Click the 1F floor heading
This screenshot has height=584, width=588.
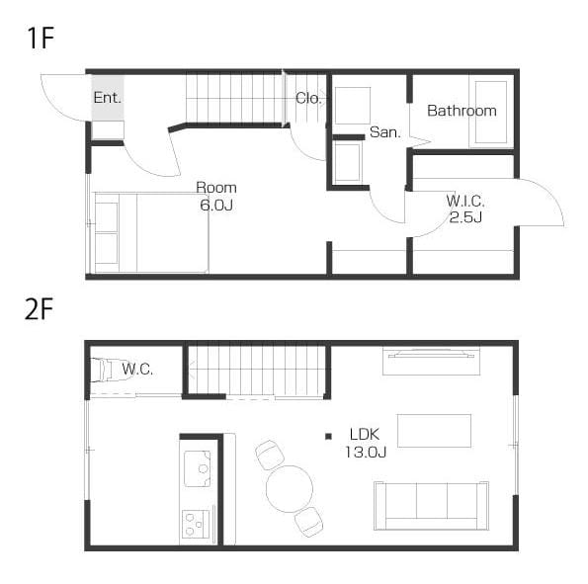[x=41, y=38]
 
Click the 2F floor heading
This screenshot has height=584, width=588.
[x=39, y=309]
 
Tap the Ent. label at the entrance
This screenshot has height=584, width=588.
[x=108, y=98]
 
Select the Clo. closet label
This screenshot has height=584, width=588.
[x=308, y=98]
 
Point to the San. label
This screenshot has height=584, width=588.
[x=385, y=132]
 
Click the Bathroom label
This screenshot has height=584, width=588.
[x=462, y=111]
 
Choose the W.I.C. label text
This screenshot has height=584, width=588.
[x=465, y=202]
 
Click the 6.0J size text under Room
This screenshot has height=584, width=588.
[x=216, y=205]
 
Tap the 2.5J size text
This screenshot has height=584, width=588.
[x=465, y=216]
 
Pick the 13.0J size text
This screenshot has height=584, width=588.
[x=366, y=452]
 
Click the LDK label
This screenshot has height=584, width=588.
[x=365, y=435]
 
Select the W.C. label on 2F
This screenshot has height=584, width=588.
[x=137, y=370]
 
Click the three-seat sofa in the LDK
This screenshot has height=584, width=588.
[x=431, y=506]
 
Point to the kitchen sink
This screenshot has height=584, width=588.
[x=198, y=468]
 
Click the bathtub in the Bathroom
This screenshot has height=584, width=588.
[x=491, y=112]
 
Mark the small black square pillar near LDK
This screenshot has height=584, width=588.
[x=328, y=436]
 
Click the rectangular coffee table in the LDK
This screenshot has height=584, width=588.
[x=434, y=431]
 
